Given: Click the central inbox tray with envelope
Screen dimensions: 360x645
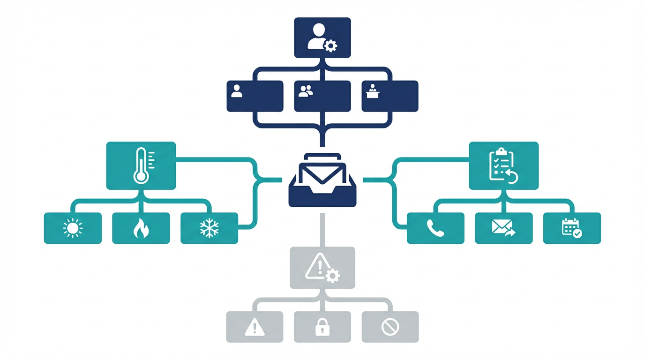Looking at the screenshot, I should [322, 180].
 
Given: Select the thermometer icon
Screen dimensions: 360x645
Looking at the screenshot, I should [141, 165].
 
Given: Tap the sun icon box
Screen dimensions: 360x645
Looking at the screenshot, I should [73, 228].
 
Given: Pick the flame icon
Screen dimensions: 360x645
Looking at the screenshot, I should [141, 229].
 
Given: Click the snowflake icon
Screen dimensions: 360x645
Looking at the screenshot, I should [209, 228].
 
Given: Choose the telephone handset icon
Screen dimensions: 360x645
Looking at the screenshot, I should [435, 228].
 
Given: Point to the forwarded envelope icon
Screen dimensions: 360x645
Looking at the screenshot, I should [503, 228].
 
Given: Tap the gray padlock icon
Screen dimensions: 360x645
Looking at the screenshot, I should [322, 327].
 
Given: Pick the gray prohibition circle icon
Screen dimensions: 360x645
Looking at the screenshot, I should [390, 327].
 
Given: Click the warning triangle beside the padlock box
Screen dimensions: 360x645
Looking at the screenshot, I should [255, 327].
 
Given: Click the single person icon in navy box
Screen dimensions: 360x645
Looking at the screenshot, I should [237, 91].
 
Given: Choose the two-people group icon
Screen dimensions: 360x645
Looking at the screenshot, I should [306, 91].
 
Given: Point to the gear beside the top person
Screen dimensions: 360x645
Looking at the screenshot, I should [331, 45].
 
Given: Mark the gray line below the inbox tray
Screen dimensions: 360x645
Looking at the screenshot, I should [322, 230].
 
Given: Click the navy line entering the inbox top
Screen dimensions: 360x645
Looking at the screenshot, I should [322, 138].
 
